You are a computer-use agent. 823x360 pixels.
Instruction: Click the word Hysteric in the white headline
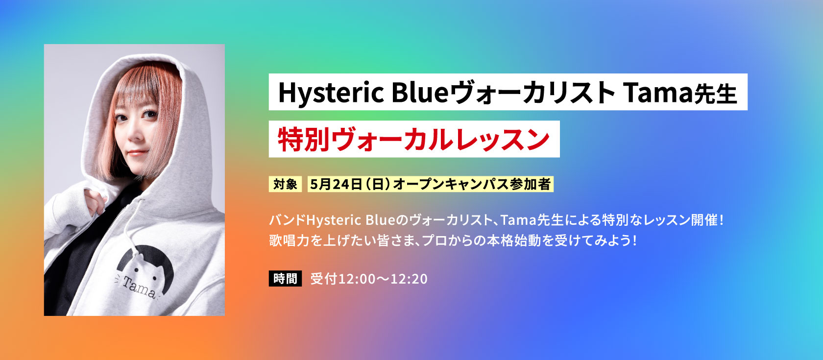pos(331,93)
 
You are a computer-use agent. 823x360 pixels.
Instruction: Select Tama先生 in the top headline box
pos(680,93)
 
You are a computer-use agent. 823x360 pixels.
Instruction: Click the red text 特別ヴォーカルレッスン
pos(413,139)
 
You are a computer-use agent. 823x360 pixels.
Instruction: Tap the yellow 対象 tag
pos(285,184)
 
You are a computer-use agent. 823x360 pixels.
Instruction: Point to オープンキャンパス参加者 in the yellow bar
pos(472,184)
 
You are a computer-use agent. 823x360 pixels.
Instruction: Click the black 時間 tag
pos(285,278)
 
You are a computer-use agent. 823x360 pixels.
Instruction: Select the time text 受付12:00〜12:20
pos(369,279)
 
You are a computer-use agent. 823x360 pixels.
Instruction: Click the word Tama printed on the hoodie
pos(139,287)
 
